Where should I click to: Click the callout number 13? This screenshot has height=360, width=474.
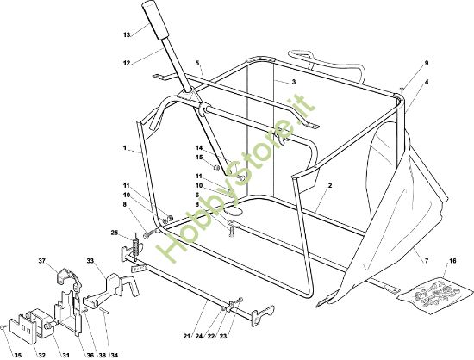click(x=127, y=35)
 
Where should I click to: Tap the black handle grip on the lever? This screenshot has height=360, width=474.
click(x=156, y=18)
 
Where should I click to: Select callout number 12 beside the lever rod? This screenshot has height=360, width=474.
click(x=127, y=63)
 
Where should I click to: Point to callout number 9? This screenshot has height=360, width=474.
click(x=427, y=63)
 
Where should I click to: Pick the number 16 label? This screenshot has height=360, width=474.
click(x=452, y=261)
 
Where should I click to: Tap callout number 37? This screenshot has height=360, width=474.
click(x=42, y=261)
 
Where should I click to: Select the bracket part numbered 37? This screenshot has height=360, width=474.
click(x=69, y=278)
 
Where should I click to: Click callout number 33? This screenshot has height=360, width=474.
click(x=90, y=260)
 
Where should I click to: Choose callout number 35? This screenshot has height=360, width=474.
click(x=18, y=355)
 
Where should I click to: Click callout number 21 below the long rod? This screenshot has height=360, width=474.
click(x=186, y=336)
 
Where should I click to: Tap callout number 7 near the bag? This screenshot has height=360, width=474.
click(x=427, y=261)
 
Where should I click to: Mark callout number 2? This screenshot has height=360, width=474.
click(x=330, y=185)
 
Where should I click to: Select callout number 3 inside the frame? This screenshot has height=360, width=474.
click(x=294, y=82)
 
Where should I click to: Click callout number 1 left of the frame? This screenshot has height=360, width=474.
click(x=125, y=147)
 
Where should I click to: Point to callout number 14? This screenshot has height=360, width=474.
click(x=198, y=147)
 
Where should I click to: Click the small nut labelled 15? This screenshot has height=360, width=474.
click(x=216, y=167)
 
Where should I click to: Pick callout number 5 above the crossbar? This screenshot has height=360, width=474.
click(x=197, y=63)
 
